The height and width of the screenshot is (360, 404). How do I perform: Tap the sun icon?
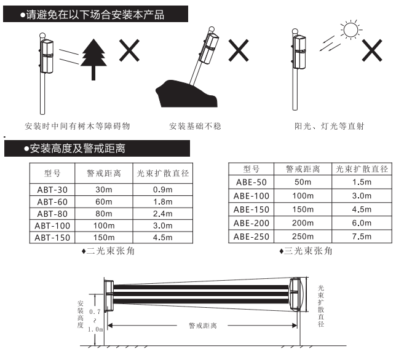[x=351, y=30]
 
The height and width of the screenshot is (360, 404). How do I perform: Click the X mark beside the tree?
[x=129, y=50]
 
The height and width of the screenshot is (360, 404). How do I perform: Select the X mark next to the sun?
[x=372, y=50]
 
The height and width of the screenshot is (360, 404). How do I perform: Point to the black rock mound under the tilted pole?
[x=186, y=94]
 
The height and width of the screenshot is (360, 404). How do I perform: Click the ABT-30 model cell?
[x=52, y=190]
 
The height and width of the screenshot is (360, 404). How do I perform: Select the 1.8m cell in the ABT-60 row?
[x=163, y=202]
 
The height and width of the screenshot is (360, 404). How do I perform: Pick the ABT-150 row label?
[x=52, y=238]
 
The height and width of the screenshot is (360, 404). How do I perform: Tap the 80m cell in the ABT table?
[x=104, y=214]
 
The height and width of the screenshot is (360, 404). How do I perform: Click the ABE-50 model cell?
[x=252, y=182]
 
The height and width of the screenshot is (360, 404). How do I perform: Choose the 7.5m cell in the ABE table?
[x=362, y=237]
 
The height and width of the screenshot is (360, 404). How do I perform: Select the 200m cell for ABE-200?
[x=303, y=223]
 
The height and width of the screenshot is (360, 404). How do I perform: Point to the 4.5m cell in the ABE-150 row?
[x=362, y=209]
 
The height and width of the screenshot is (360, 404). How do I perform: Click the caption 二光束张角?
[x=111, y=251]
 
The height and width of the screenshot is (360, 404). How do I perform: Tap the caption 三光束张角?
[x=308, y=251]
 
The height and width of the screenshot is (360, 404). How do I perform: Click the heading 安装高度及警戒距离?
[x=77, y=149]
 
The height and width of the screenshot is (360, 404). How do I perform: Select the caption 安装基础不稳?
[x=195, y=126]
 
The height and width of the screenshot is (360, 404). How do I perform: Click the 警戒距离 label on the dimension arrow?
[x=203, y=326]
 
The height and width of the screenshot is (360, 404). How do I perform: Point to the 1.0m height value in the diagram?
[x=95, y=329]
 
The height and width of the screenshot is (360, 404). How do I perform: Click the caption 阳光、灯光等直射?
[x=329, y=126]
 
